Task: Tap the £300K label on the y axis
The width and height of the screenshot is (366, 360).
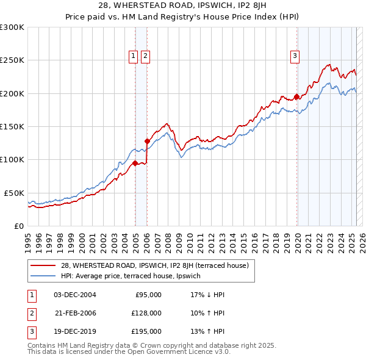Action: point(12,27)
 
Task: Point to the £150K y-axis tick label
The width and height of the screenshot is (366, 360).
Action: point(12,126)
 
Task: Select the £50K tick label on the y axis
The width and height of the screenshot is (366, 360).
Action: point(14,193)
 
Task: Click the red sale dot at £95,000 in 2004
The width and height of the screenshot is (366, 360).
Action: point(135,163)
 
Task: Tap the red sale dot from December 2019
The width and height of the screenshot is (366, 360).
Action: point(297,96)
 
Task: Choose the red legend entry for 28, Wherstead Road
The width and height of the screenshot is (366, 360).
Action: point(155,265)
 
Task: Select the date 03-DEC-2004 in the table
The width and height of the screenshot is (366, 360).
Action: point(75,295)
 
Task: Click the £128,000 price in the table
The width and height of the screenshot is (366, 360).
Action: point(146,313)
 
